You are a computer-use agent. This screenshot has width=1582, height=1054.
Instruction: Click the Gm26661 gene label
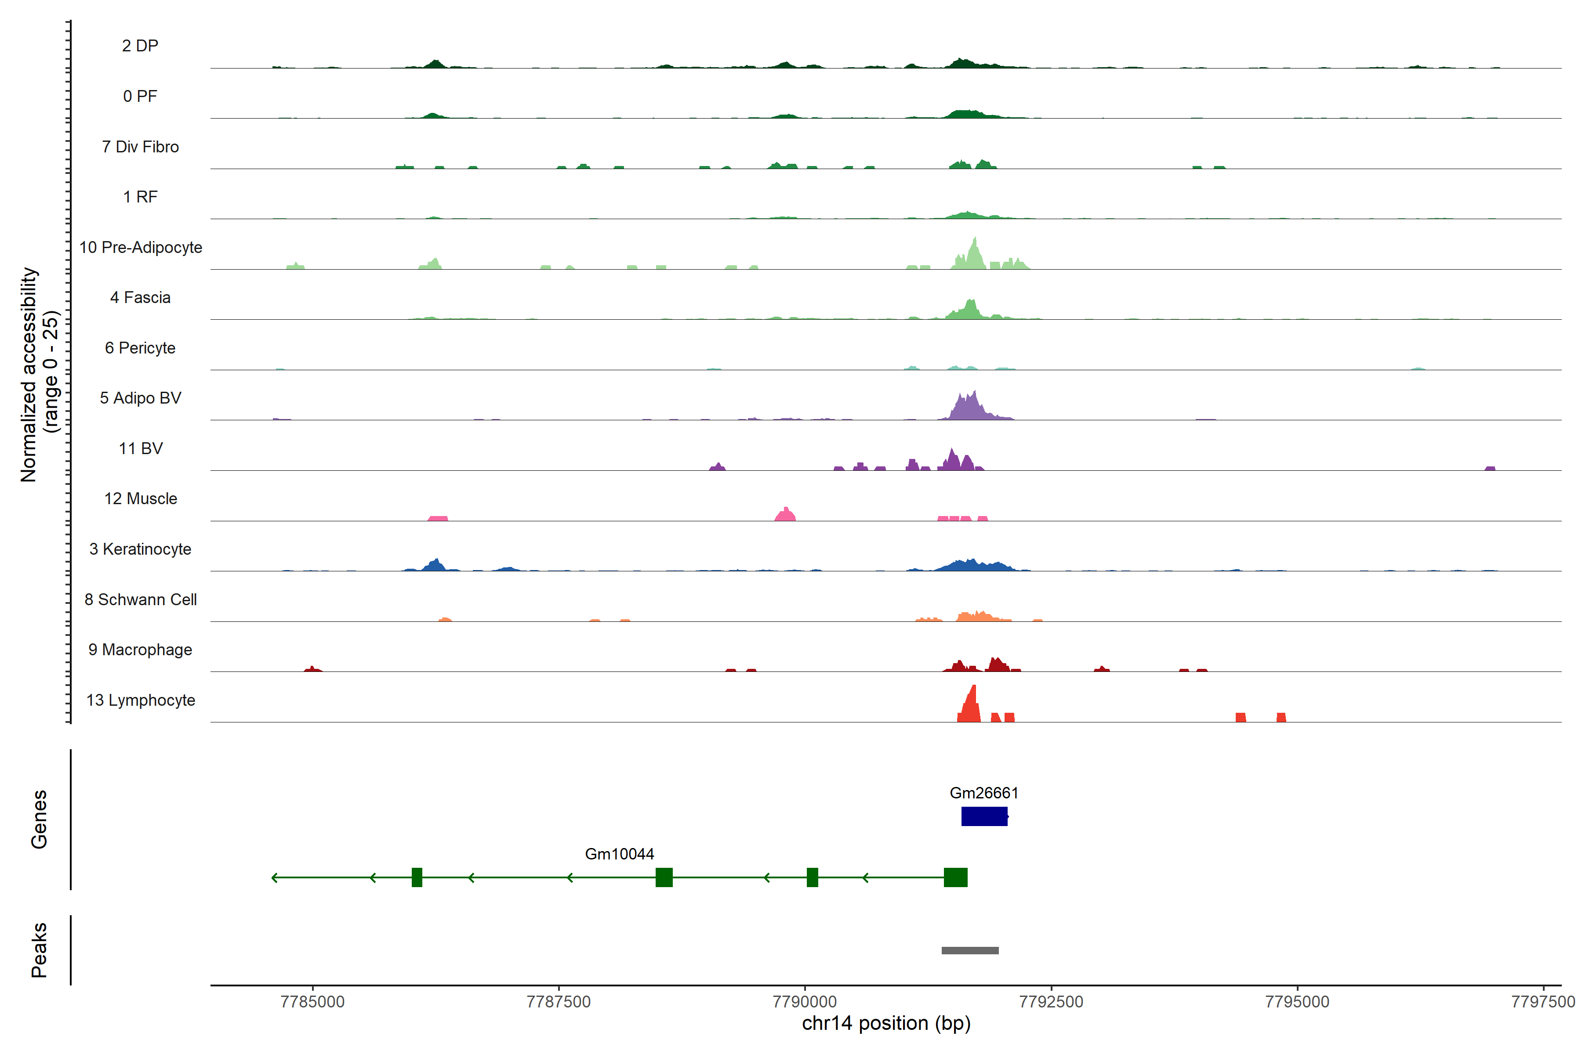[x=983, y=793]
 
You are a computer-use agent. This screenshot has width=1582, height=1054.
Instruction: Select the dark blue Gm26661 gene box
[x=984, y=816]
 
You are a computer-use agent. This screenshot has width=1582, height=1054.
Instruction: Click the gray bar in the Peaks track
[x=970, y=950]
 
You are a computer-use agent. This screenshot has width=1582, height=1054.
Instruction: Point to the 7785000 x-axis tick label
[x=312, y=1002]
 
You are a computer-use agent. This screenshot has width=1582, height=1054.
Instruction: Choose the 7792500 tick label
[x=1051, y=1002]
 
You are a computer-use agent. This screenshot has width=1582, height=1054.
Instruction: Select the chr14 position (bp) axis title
[x=886, y=1023]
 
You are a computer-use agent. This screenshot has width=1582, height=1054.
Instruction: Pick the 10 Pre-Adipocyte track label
[x=141, y=247]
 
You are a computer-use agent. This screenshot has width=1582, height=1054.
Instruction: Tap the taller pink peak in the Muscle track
[x=786, y=514]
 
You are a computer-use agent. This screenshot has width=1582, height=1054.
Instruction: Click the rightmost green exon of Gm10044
[x=955, y=877]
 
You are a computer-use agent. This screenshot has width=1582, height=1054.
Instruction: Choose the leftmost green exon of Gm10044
[x=417, y=877]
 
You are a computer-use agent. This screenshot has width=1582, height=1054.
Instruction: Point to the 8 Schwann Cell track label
[x=141, y=599]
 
